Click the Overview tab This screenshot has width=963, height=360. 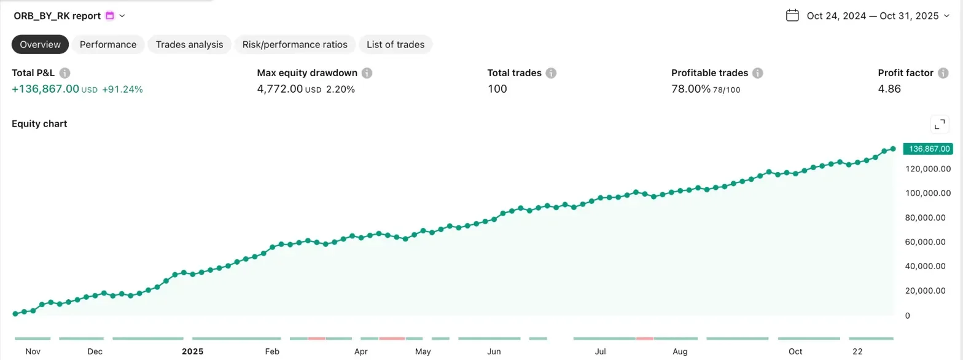41,44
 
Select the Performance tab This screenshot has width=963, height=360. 108,44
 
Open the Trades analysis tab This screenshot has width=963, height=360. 189,44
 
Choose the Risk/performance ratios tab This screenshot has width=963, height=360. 295,44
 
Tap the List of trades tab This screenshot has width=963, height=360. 396,44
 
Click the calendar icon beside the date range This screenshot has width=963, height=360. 792,15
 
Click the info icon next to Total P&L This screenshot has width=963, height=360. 65,73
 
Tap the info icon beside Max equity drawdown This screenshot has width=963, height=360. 367,73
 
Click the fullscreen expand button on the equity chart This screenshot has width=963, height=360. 940,124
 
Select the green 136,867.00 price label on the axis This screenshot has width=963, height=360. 927,149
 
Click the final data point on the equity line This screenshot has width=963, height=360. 893,149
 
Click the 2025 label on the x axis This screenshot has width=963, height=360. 192,351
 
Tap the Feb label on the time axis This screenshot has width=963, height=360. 272,351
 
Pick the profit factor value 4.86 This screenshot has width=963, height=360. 889,89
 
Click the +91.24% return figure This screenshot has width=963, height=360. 122,89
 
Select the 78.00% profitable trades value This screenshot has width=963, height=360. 691,89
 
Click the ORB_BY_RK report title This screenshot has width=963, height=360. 57,15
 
